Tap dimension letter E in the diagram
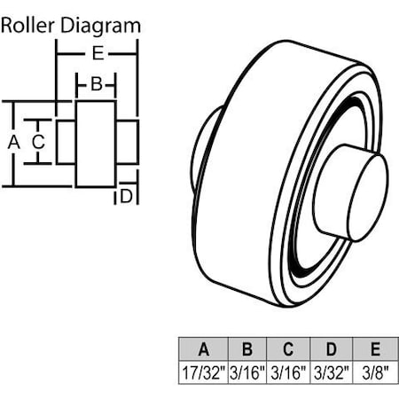point(98,53)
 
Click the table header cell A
point(203,348)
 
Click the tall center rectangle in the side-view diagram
point(95,144)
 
